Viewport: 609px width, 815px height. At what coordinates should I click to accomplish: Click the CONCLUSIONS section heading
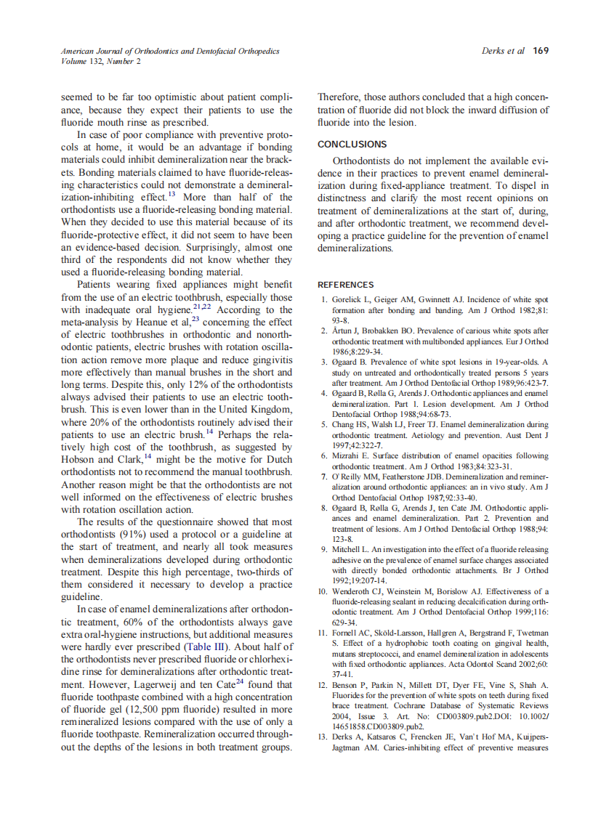352,145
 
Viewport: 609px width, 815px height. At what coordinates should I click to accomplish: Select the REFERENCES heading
346,285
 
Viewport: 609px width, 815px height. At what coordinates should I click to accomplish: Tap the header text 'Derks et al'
502,52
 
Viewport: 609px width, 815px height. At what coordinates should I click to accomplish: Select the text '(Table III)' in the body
200,646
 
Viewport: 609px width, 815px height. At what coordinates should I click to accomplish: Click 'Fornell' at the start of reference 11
347,633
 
